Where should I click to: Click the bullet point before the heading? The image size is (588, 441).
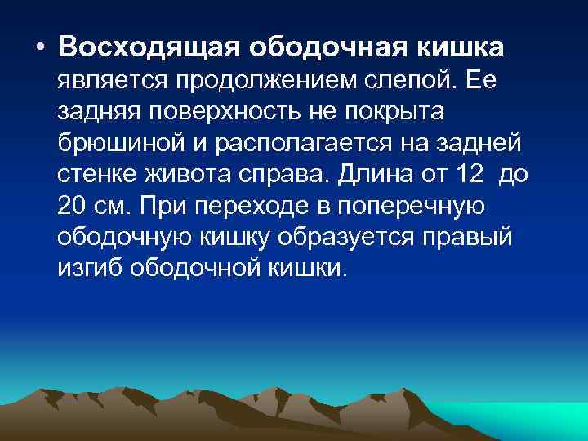coord(40,47)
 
